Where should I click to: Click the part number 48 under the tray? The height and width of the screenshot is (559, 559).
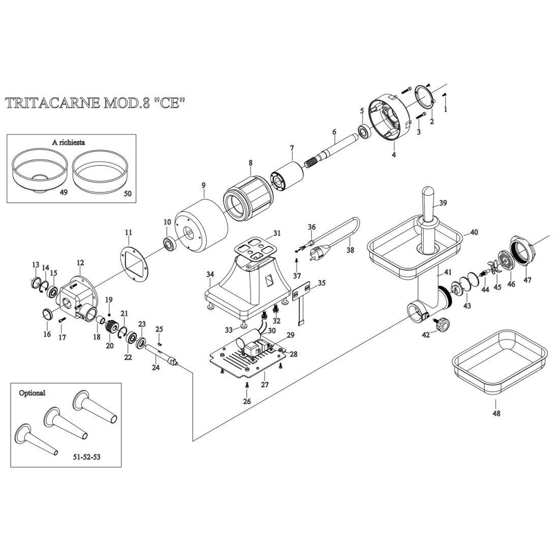click(496, 413)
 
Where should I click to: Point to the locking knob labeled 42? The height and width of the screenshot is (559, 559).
click(445, 323)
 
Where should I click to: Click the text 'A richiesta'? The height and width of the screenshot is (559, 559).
click(69, 142)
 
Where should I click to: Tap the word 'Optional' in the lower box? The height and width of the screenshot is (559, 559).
click(32, 393)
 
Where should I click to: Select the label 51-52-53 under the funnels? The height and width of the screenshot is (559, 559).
click(87, 457)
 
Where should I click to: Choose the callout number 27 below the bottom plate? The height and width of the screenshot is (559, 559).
click(265, 385)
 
